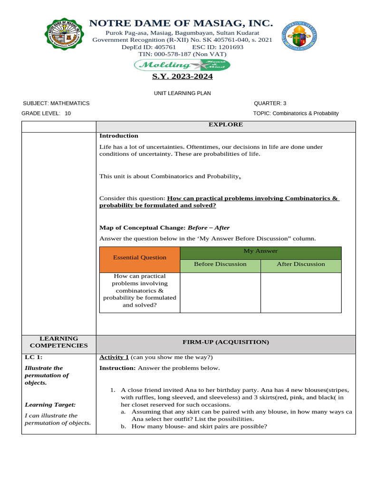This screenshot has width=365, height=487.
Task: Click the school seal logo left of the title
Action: click(65, 36)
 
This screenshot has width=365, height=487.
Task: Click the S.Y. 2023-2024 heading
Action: click(182, 77)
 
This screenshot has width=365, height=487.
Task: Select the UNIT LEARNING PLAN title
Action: click(182, 94)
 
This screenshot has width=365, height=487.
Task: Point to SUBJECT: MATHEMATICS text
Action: click(56, 103)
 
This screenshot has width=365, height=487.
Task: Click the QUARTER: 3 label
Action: click(270, 103)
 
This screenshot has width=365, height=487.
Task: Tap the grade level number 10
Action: click(67, 113)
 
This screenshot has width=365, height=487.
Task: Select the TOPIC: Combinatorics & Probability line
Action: click(296, 113)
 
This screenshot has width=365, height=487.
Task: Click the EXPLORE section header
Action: click(226, 125)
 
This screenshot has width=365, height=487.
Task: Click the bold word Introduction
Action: click(119, 136)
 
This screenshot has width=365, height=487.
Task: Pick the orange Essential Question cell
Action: click(140, 257)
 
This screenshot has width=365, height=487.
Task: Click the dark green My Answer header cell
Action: click(260, 251)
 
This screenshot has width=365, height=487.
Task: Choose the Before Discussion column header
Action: click(220, 264)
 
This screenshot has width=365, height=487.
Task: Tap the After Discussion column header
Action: click(301, 264)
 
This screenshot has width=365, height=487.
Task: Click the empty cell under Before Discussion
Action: click(220, 292)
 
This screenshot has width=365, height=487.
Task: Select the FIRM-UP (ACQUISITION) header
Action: click(226, 342)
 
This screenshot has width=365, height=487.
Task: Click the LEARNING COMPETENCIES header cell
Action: click(59, 342)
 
